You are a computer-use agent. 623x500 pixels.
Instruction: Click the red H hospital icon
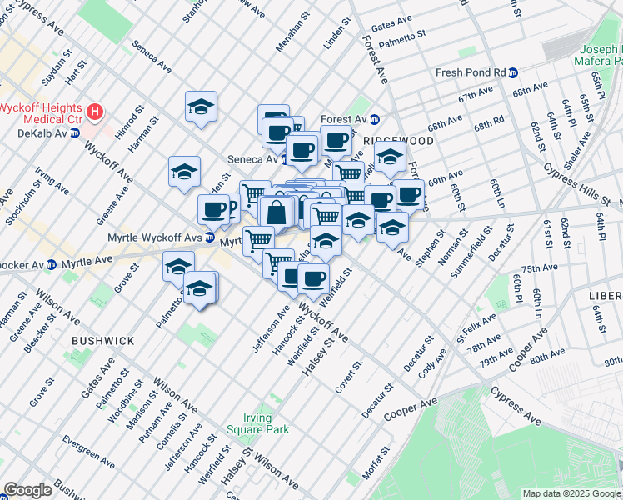pos(97,110)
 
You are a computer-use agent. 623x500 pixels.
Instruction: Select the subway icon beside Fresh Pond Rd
pos(514,72)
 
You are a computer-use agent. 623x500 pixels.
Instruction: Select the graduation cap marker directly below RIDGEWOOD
pos(389,157)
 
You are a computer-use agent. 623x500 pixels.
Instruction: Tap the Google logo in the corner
pos(27,490)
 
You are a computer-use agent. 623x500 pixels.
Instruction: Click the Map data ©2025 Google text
pos(571,493)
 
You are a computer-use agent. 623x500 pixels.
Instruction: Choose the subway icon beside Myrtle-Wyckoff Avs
pos(210,237)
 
